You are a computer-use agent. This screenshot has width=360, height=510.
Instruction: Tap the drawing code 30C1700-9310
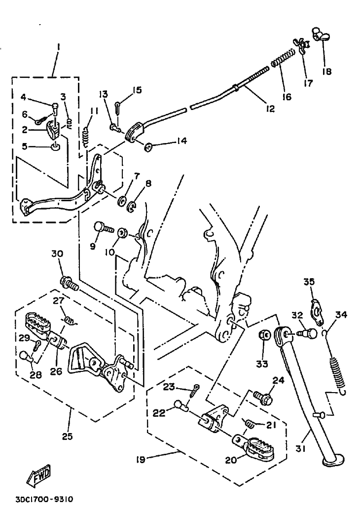click(x=44, y=499)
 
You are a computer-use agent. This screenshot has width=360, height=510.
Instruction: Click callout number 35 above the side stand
click(x=309, y=282)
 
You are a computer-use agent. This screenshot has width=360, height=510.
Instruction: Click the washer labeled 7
click(x=121, y=201)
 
